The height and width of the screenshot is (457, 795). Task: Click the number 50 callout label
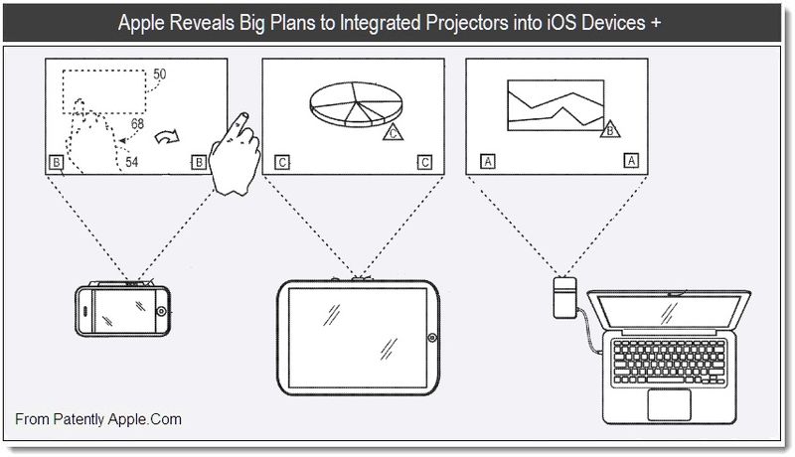160,74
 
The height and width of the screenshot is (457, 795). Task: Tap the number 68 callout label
137,123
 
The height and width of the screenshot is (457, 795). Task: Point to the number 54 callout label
132,162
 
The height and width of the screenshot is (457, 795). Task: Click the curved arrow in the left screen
167,136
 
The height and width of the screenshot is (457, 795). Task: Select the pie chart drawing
356,104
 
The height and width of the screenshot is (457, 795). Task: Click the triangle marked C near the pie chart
393,132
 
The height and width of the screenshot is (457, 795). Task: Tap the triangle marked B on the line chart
610,129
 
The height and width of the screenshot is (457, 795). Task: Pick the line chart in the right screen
556,105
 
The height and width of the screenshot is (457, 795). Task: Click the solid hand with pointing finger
235,154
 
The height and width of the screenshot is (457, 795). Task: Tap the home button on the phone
161,311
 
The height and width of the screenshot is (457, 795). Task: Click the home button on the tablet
432,338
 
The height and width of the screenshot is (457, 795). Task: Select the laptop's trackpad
669,404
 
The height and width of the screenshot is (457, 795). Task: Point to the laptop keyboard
670,363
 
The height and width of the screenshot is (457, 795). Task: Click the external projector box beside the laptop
564,297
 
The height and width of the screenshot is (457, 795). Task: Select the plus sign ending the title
657,23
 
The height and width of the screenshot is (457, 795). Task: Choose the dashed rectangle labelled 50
104,92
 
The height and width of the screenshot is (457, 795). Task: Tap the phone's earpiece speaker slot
85,311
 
